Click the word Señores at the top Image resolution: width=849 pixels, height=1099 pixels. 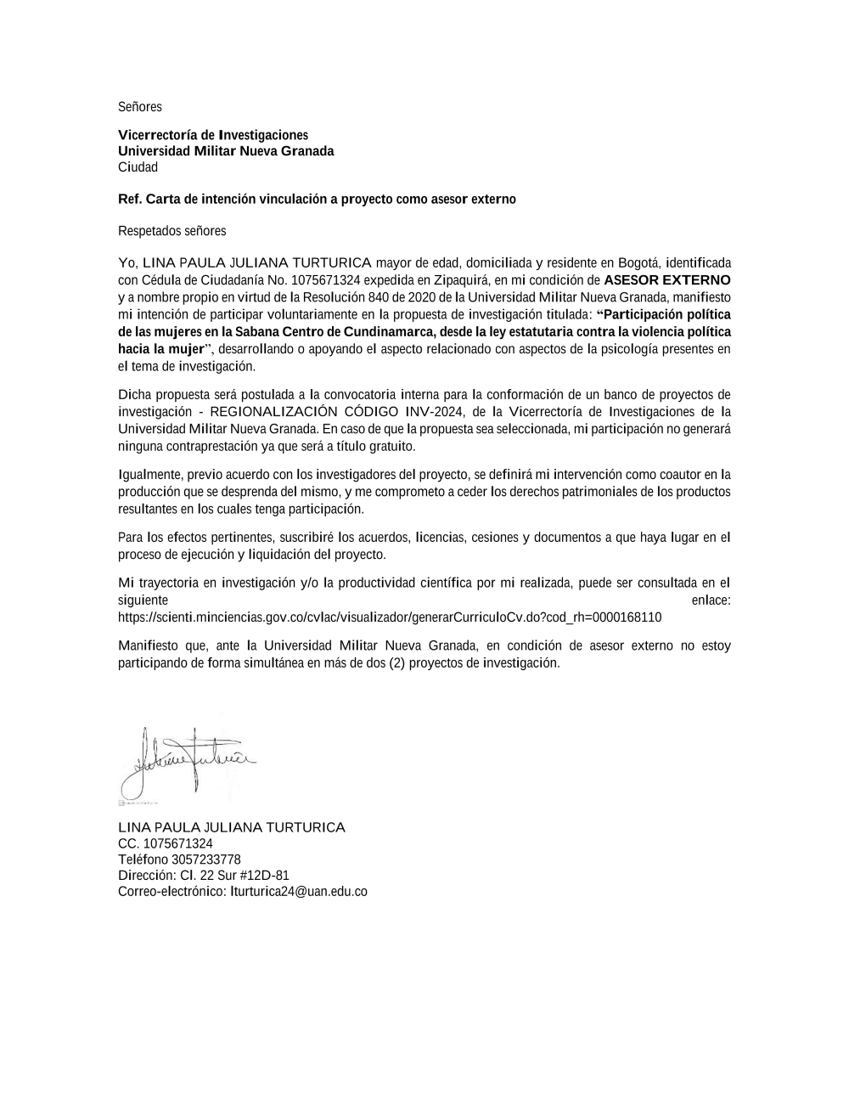pyautogui.click(x=139, y=107)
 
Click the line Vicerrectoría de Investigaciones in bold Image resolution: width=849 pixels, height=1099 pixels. pyautogui.click(x=213, y=135)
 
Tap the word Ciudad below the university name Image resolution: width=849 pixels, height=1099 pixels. pyautogui.click(x=138, y=167)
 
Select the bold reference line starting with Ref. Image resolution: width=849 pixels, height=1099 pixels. pyautogui.click(x=317, y=200)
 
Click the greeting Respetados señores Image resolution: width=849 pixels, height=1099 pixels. pyautogui.click(x=172, y=231)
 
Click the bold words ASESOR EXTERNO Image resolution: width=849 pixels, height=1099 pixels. pyautogui.click(x=666, y=280)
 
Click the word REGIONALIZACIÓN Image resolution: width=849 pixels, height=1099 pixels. pyautogui.click(x=273, y=412)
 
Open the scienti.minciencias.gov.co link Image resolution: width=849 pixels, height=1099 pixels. pyautogui.click(x=390, y=617)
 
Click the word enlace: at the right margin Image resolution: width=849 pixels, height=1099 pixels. pyautogui.click(x=711, y=600)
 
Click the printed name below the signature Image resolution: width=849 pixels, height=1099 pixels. pyautogui.click(x=232, y=827)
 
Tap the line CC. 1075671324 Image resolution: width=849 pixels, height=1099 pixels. pyautogui.click(x=166, y=843)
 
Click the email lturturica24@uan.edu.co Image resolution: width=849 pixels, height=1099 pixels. pyautogui.click(x=299, y=892)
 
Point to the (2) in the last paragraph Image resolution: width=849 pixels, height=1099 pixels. pyautogui.click(x=396, y=663)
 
